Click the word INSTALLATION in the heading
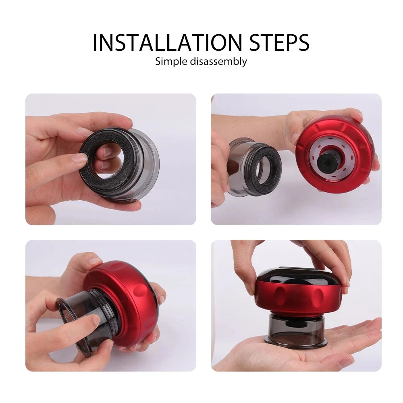167,42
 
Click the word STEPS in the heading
279,42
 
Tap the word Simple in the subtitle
171,62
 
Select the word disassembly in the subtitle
218,62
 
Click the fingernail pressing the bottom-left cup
96,320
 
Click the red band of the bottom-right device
298,298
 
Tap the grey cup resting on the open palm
295,329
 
